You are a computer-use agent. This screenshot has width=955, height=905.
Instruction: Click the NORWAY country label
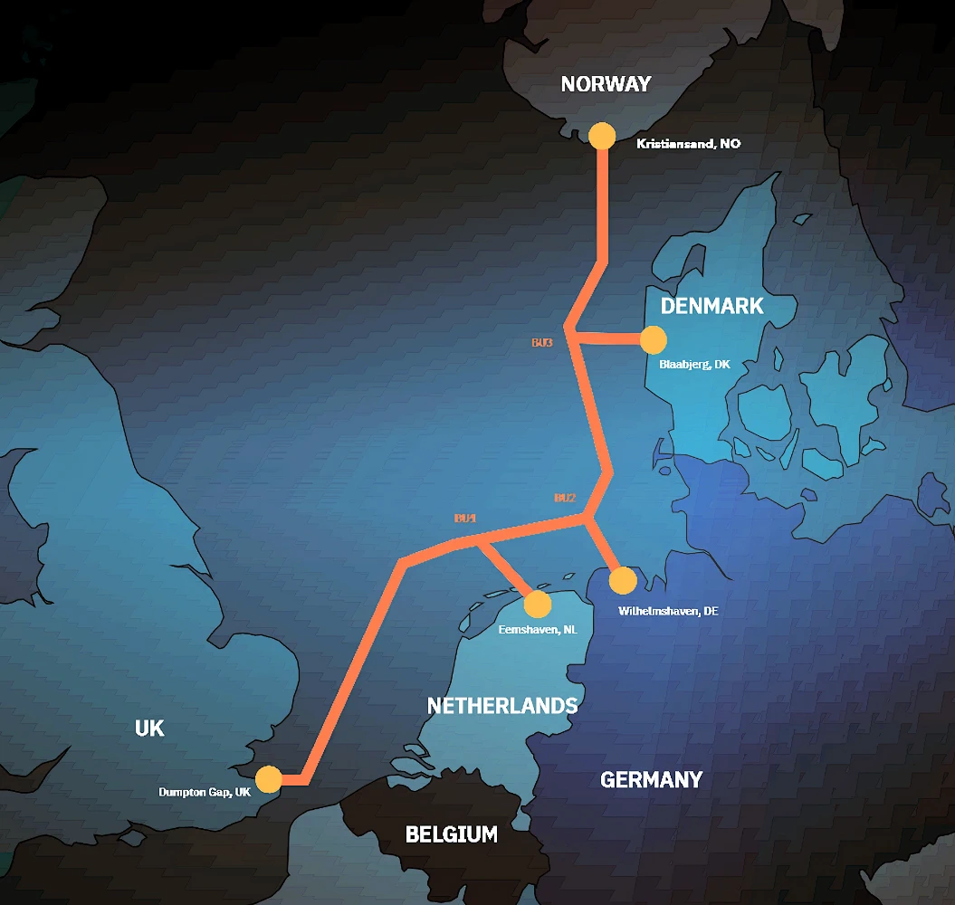pos(606,84)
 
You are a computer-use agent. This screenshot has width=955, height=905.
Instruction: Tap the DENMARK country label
pos(711,306)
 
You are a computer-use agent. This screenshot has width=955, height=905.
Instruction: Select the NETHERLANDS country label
pos(501,705)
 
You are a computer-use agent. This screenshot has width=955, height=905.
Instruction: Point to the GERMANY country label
pos(651,779)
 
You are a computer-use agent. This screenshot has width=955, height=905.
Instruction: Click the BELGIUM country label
pos(451,834)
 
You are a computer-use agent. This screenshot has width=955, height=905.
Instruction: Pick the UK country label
pos(149,729)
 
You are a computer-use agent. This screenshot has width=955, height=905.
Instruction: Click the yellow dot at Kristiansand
pos(602,136)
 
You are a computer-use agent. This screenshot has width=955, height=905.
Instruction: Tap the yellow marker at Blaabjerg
pos(653,339)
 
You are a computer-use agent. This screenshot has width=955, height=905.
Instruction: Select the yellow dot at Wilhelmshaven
pos(623,580)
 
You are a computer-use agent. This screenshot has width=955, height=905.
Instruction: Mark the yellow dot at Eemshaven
pos(537,604)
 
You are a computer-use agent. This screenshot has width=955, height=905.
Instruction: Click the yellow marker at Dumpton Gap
pos(268,779)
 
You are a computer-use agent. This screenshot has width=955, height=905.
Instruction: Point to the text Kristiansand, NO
pos(688,144)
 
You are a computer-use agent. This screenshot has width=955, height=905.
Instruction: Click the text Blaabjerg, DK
pos(694,365)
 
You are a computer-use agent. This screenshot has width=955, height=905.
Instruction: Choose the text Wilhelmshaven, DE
pos(668,611)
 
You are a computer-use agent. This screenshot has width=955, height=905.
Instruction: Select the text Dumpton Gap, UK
pos(205,792)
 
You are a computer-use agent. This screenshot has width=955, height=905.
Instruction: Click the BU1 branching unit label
pos(465,519)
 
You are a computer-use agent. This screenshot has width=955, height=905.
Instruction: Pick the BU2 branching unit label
pos(565,498)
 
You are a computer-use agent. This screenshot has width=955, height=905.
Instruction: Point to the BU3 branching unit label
pos(542,343)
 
